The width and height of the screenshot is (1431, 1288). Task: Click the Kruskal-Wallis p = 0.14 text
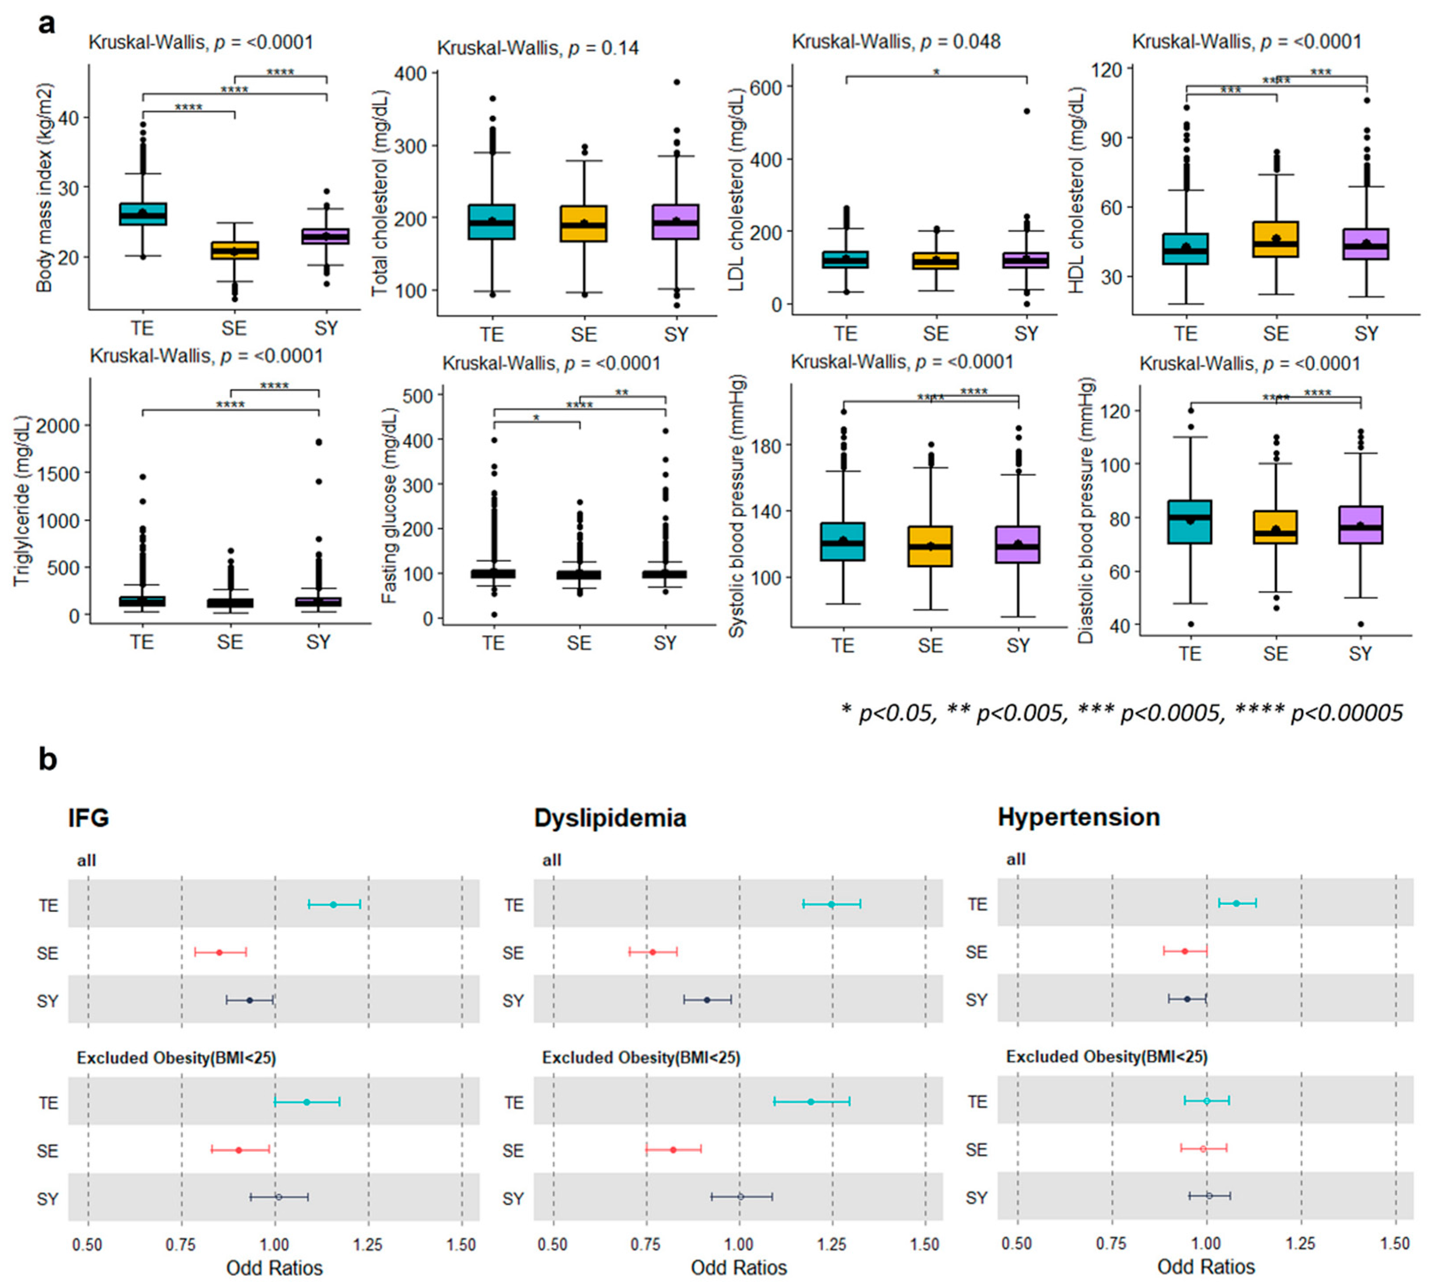[x=538, y=48]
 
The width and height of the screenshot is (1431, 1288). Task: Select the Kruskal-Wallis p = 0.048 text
[x=896, y=42]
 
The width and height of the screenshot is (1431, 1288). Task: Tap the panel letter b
[x=47, y=759]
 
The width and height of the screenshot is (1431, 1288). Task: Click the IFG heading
[x=89, y=818]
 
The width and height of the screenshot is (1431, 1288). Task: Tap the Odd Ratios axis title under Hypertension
[x=1206, y=1267]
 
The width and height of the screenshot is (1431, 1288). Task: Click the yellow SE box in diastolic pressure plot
[x=1276, y=527]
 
